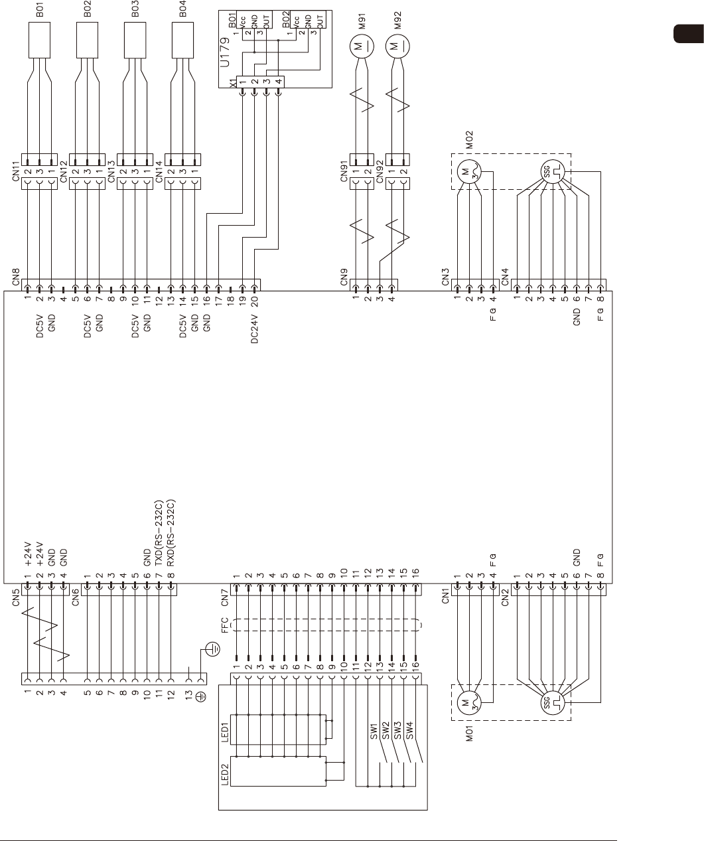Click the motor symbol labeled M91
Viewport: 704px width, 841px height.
[362, 46]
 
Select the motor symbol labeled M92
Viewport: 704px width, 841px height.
[398, 46]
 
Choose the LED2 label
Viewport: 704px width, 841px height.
[226, 773]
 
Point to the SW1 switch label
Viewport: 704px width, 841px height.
[374, 730]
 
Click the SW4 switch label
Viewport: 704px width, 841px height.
[409, 730]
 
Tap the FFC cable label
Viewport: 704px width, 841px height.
[224, 625]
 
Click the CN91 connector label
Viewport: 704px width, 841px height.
[344, 171]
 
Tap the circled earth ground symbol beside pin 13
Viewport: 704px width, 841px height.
[211, 650]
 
